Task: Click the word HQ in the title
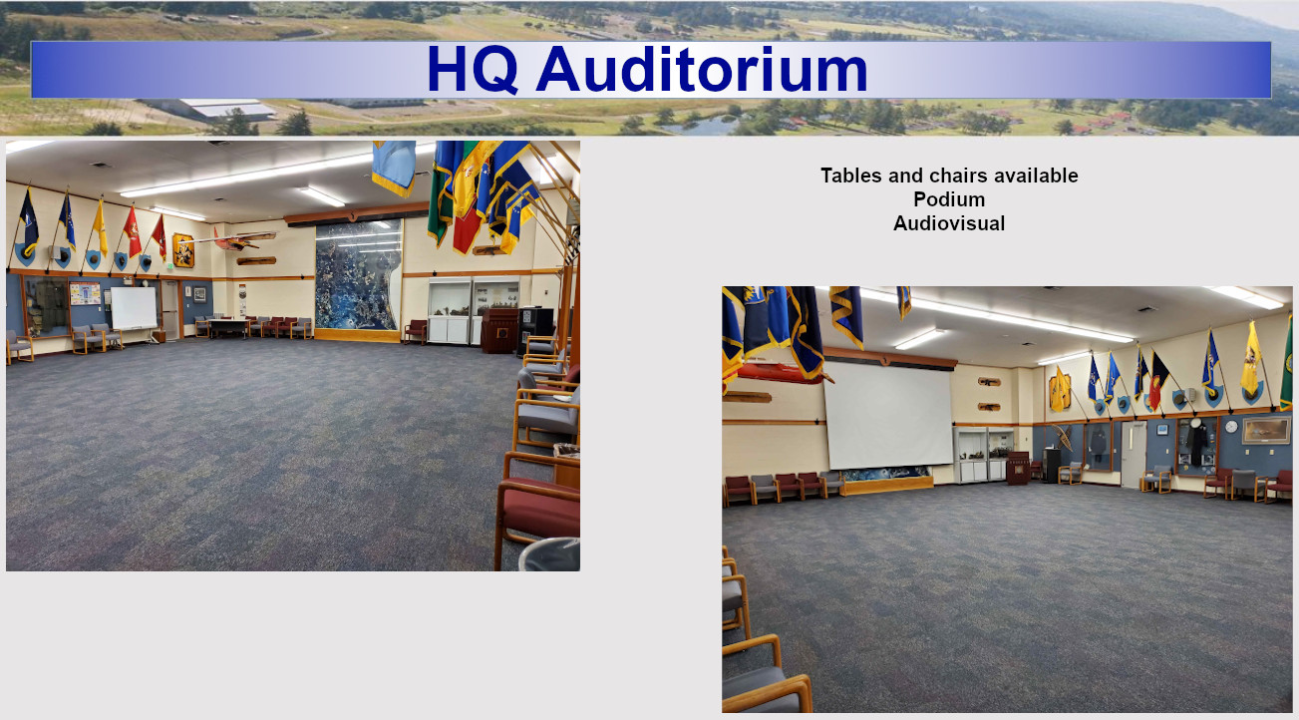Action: [x=473, y=69]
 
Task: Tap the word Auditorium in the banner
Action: [x=702, y=69]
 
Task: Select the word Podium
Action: [x=949, y=199]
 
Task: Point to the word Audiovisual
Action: [x=949, y=223]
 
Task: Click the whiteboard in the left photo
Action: [x=134, y=308]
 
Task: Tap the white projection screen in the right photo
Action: [x=888, y=416]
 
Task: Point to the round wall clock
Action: [x=1232, y=427]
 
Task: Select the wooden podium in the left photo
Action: [x=498, y=330]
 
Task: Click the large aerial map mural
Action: [x=358, y=275]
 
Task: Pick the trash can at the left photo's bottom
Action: [x=549, y=554]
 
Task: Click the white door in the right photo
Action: [x=1133, y=454]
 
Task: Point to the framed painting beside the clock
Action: [x=1266, y=430]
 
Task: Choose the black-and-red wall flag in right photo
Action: [x=1158, y=381]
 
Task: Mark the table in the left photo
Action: [x=229, y=327]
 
